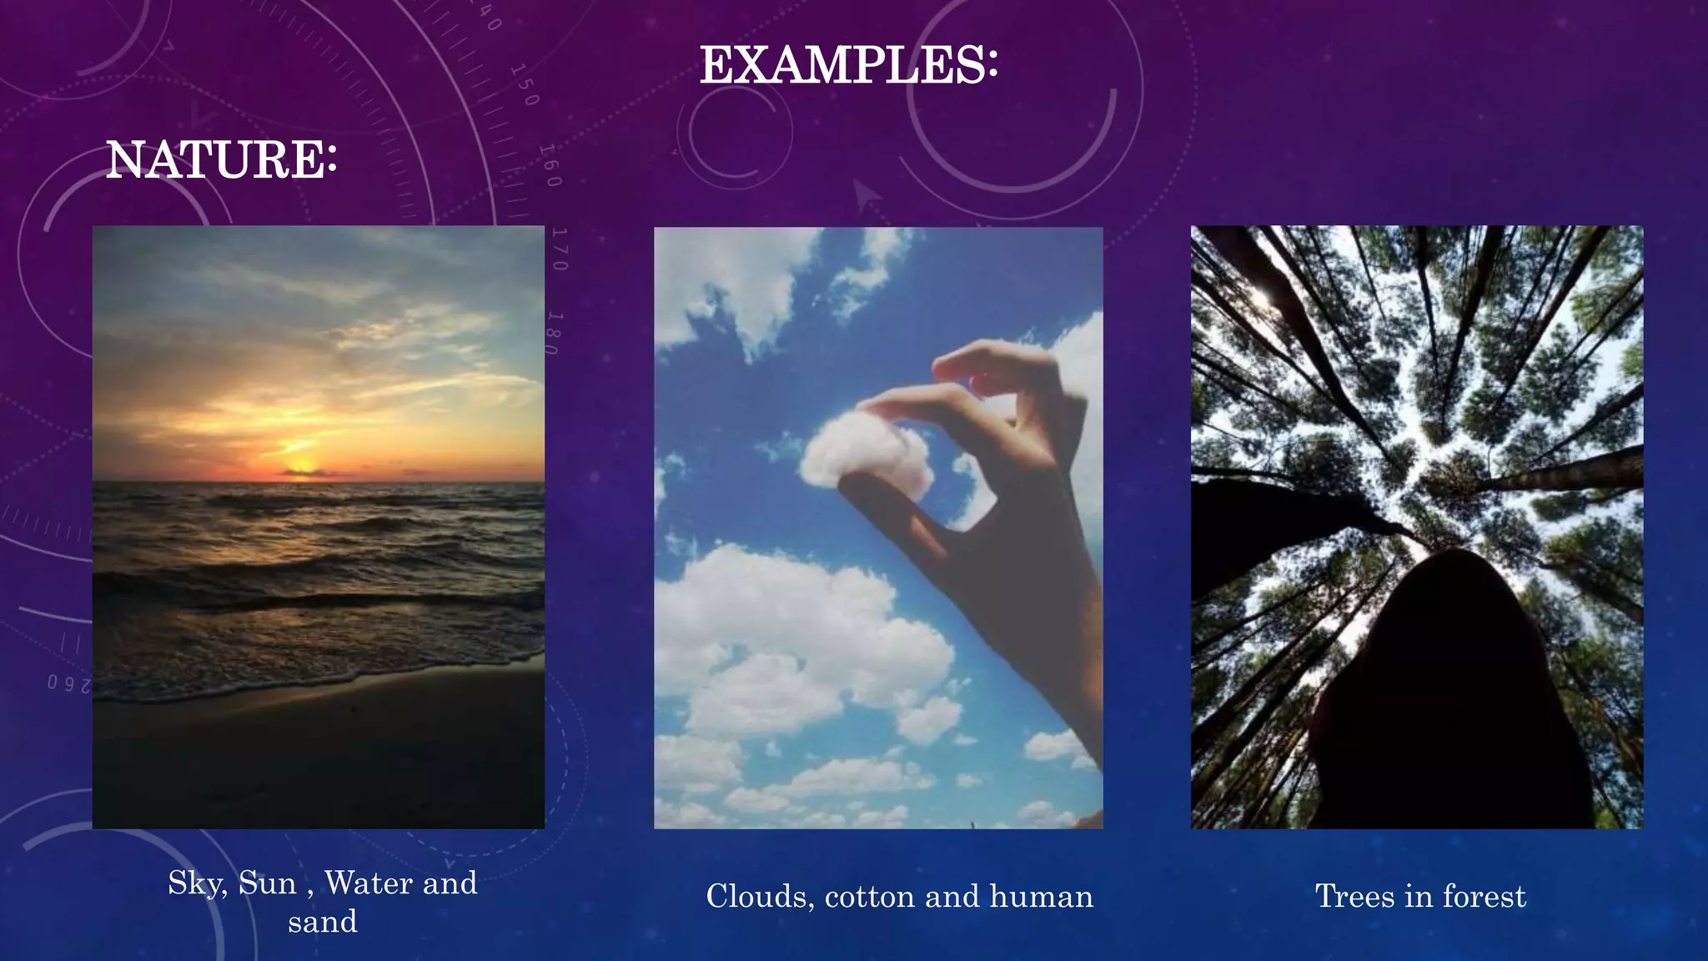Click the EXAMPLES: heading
(x=848, y=65)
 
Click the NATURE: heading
(x=221, y=159)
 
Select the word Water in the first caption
(x=368, y=883)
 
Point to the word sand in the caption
(x=323, y=922)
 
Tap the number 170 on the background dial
(x=560, y=249)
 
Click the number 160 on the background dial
(x=550, y=165)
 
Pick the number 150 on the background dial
(x=525, y=85)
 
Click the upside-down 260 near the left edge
(x=68, y=683)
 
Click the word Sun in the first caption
(x=267, y=883)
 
